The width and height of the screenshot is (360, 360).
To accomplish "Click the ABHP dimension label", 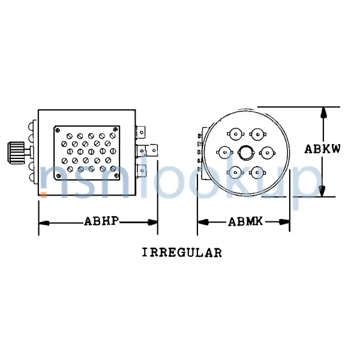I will point(100,222).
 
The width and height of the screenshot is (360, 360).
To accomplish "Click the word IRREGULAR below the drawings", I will point(182,252).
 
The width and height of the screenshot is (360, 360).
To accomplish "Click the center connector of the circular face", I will point(245,152).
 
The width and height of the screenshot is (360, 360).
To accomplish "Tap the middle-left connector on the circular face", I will point(223,153).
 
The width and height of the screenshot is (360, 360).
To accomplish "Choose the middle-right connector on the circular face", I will point(267,153).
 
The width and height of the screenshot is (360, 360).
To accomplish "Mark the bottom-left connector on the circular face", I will point(233,173).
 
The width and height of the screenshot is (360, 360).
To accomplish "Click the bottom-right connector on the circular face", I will point(258,173).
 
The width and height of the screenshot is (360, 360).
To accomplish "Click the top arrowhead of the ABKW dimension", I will point(323,112).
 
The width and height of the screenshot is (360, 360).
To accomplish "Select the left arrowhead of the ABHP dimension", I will point(43,223).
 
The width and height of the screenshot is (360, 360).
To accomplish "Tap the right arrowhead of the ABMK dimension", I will point(286,223).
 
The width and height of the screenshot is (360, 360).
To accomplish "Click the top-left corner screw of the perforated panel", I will point(58,129).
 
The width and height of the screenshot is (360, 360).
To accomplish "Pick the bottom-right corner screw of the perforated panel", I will point(116,176).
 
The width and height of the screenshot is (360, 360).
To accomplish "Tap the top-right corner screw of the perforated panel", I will point(116,129).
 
